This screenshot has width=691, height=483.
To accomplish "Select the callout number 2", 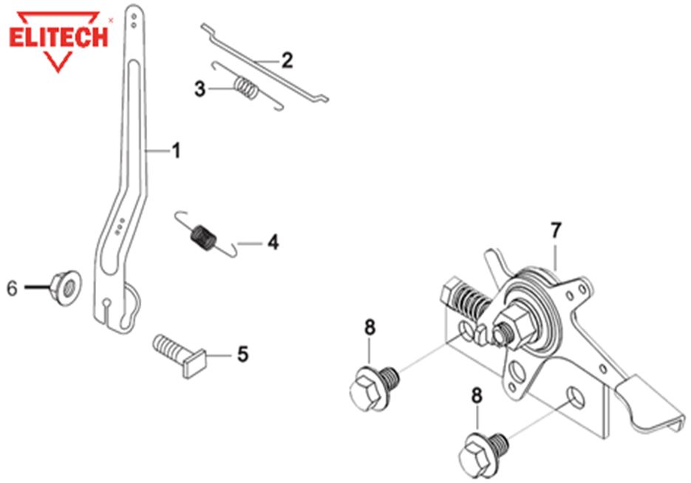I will [286, 61].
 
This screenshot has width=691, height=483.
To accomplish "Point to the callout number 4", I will [273, 241].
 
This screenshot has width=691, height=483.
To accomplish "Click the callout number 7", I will [555, 230].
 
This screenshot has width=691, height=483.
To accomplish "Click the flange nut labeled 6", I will [67, 288].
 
